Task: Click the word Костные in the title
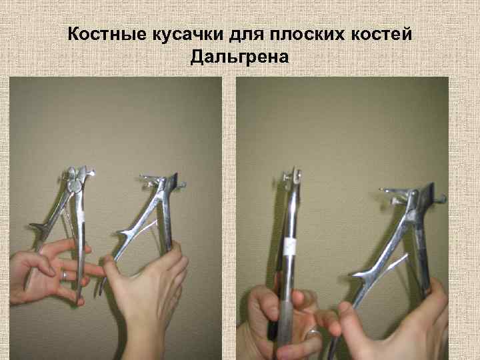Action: (107, 34)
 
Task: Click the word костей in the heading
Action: (381, 34)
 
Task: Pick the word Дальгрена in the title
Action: (240, 57)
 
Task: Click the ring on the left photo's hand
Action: (65, 275)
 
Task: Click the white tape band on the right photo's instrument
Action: (289, 247)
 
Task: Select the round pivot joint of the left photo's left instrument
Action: (73, 185)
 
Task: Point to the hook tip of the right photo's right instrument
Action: (443, 199)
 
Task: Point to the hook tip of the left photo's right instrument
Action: (182, 185)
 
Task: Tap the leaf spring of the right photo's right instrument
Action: (394, 263)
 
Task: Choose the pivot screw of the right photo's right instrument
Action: (414, 193)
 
